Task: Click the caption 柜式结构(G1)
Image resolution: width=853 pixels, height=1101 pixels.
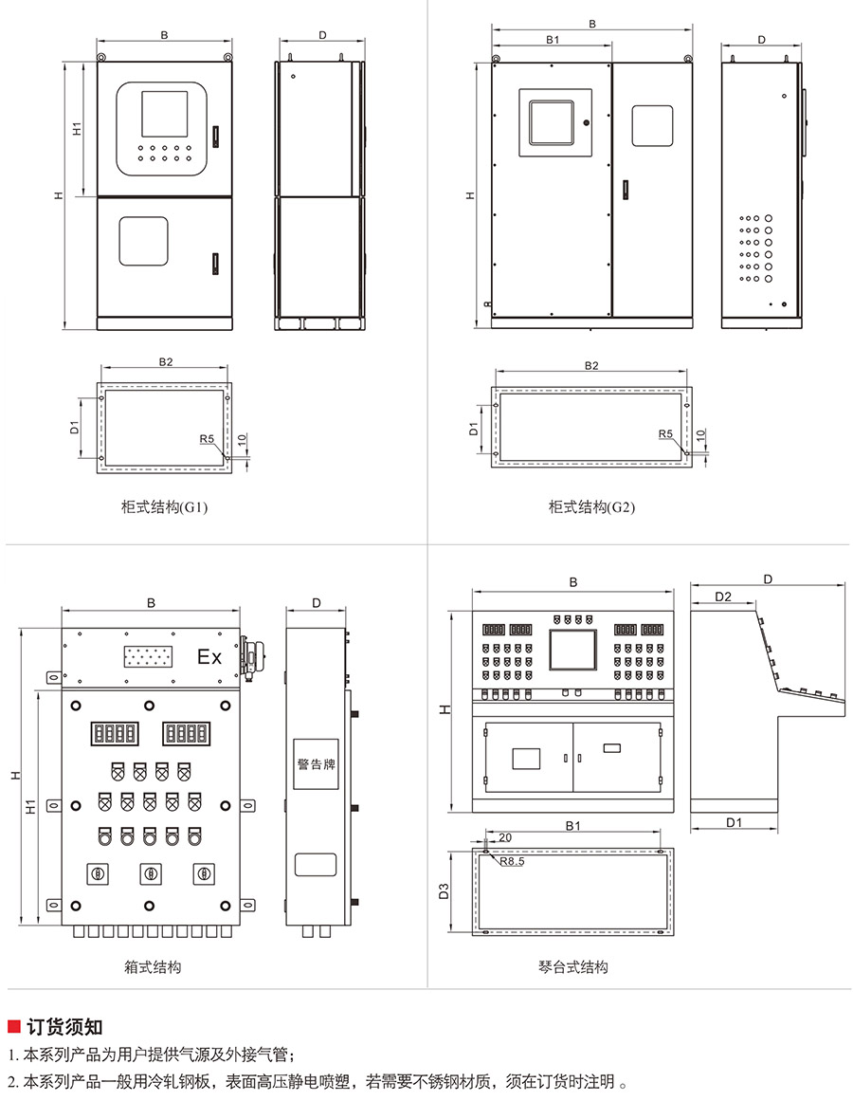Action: (164, 507)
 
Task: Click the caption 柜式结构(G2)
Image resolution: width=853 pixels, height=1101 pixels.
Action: (591, 507)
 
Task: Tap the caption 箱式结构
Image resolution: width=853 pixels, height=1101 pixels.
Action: (153, 967)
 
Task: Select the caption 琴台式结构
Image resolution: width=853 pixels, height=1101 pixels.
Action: (573, 967)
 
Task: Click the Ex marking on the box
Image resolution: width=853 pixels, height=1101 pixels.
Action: (209, 657)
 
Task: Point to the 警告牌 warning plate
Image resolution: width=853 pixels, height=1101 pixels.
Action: (316, 764)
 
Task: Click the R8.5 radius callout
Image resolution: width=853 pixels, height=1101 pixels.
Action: (512, 861)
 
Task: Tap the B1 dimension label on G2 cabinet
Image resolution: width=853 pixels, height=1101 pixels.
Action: (553, 40)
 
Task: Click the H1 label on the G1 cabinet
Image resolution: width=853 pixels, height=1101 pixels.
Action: (77, 128)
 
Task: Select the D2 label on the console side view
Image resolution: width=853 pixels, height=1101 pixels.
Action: (722, 596)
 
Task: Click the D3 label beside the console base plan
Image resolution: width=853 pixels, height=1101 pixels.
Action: (444, 891)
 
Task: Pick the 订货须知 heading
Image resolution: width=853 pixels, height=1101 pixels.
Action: (64, 1027)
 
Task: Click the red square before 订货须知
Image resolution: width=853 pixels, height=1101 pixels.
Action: (14, 1027)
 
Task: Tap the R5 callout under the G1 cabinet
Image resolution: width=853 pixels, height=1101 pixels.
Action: (207, 439)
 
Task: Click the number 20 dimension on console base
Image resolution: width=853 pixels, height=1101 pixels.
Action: (505, 837)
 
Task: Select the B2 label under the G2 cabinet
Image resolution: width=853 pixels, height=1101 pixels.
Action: (591, 365)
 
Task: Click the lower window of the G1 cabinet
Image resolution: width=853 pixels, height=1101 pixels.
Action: (143, 241)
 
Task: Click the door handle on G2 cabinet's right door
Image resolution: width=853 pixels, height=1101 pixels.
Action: (625, 190)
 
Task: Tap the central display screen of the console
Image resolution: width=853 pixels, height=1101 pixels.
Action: (572, 650)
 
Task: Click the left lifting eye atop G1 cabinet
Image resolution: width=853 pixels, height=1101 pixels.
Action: (101, 57)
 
